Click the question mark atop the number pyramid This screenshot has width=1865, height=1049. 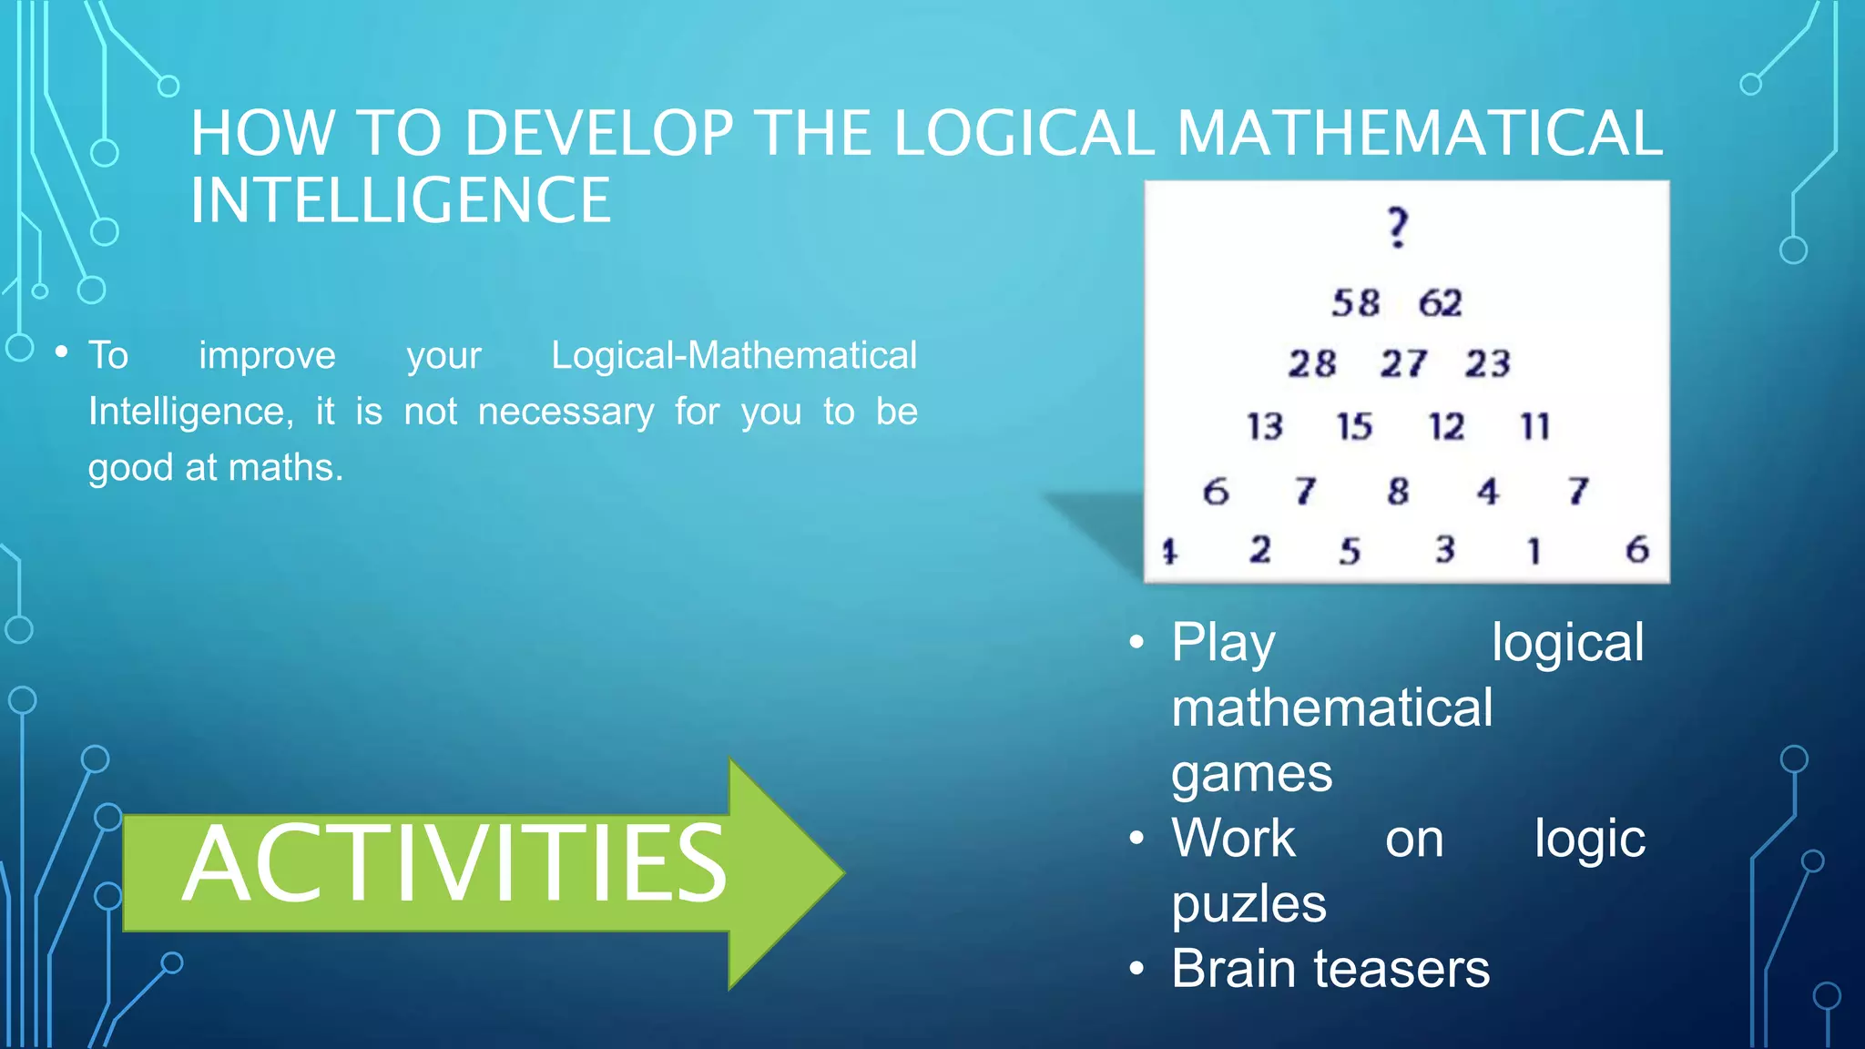pyautogui.click(x=1398, y=228)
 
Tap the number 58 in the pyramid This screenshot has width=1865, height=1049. pyautogui.click(x=1356, y=303)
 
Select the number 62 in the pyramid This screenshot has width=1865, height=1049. pyautogui.click(x=1441, y=303)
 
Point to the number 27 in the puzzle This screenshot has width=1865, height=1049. pyautogui.click(x=1403, y=364)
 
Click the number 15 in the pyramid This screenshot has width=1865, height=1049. pyautogui.click(x=1354, y=427)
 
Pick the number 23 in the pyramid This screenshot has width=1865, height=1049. pyautogui.click(x=1488, y=364)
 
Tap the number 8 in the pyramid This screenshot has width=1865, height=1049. pyautogui.click(x=1398, y=492)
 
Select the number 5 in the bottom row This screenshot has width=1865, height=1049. pyautogui.click(x=1350, y=551)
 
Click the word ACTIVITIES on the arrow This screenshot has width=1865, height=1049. pyautogui.click(x=454, y=863)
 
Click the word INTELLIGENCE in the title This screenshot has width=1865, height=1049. pyautogui.click(x=401, y=201)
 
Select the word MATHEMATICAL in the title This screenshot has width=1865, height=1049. pyautogui.click(x=1420, y=134)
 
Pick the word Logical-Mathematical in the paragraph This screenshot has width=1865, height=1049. pyautogui.click(x=734, y=356)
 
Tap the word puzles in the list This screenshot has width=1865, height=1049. pyautogui.click(x=1248, y=904)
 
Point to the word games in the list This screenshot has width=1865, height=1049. pyautogui.click(x=1251, y=774)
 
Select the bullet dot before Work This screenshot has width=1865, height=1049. pyautogui.click(x=1136, y=838)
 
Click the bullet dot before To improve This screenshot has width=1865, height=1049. pyautogui.click(x=62, y=351)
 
